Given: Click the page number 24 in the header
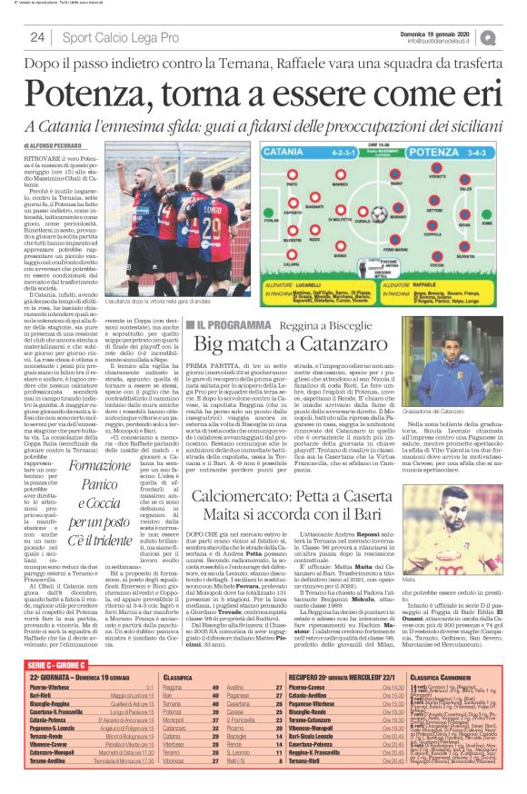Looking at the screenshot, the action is pos(37,36).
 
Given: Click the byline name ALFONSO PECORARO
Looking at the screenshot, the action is pos(65,144).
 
